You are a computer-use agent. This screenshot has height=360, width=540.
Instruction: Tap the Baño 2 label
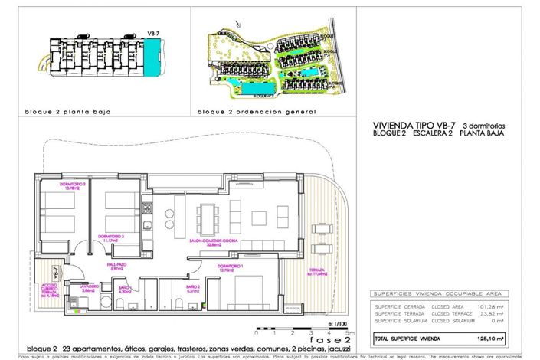click(192, 288)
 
